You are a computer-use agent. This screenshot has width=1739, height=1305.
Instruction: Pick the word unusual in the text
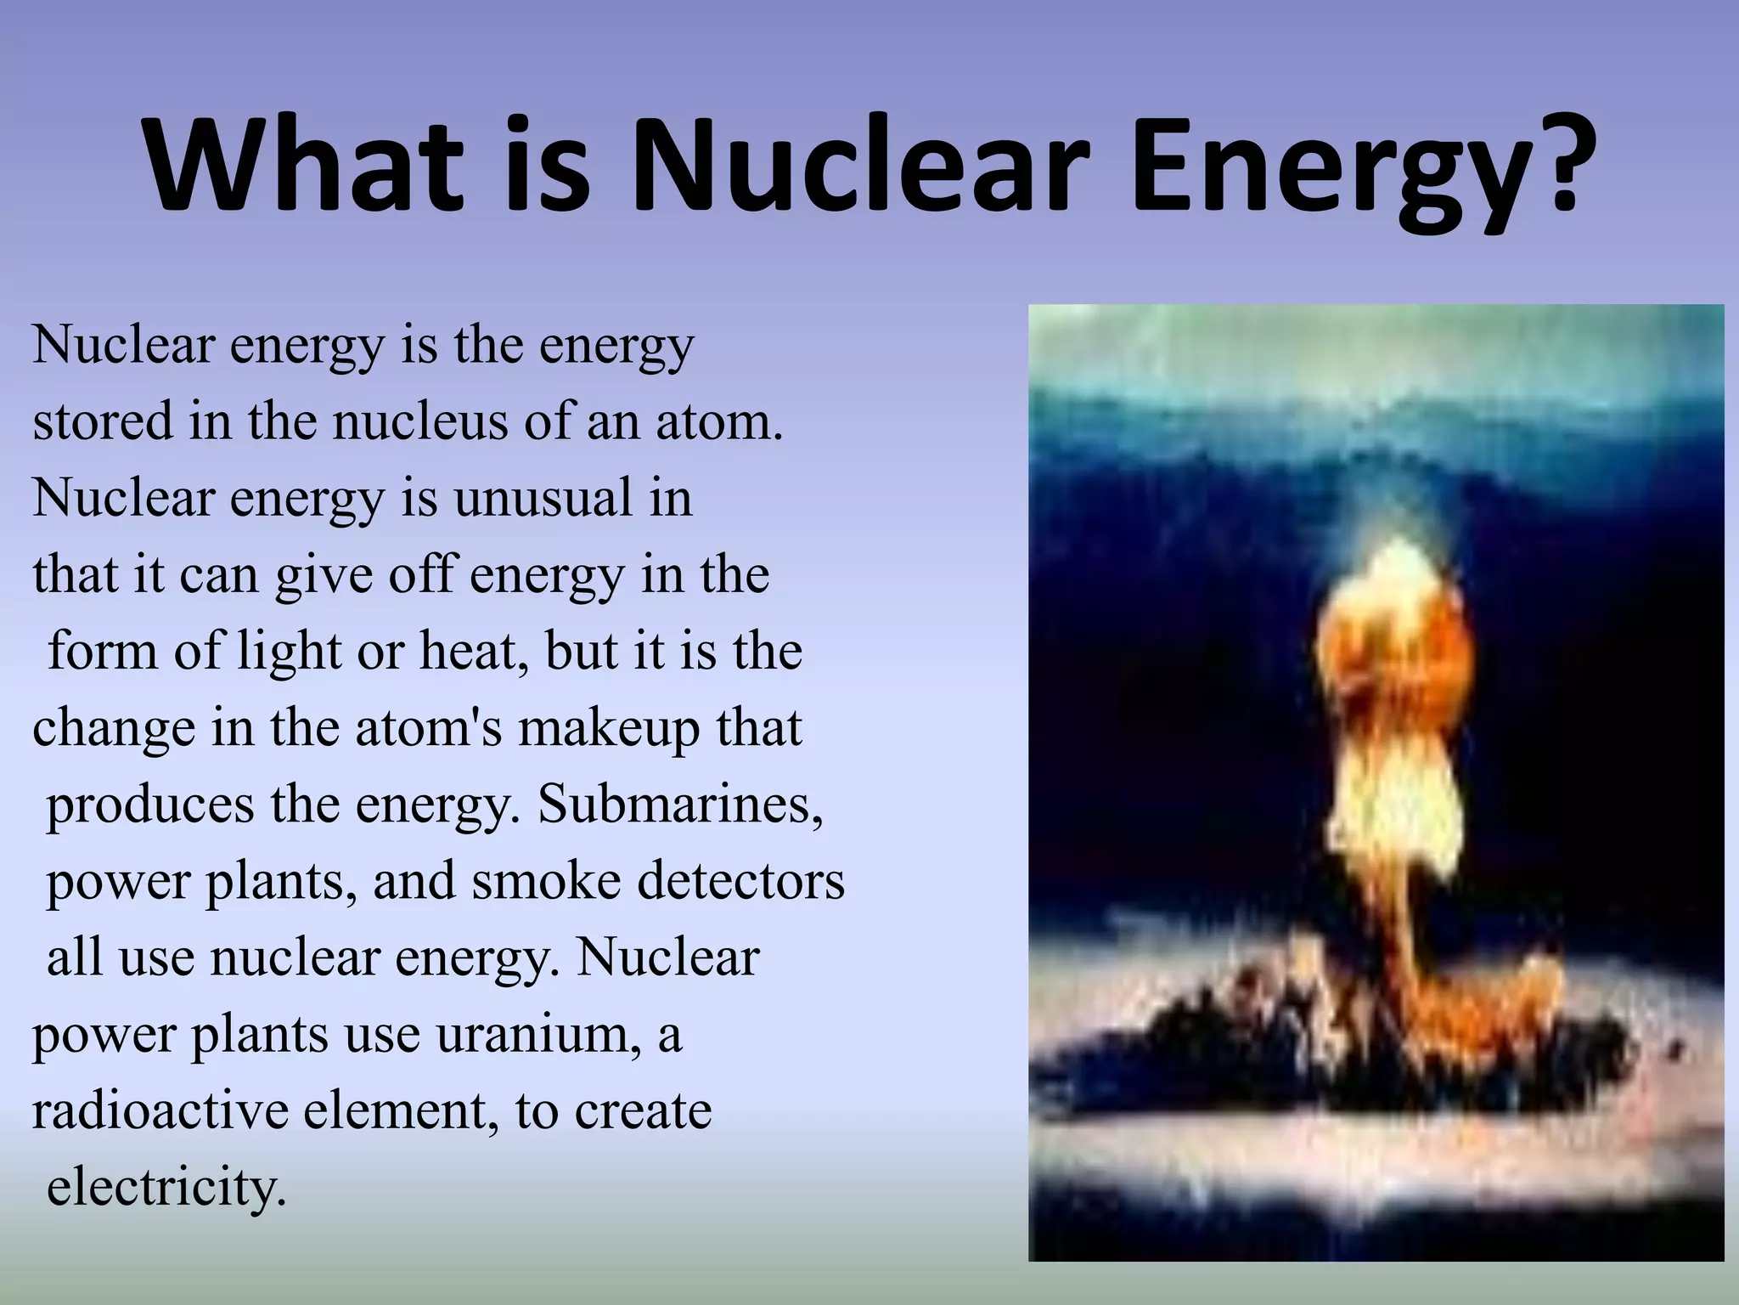coord(543,498)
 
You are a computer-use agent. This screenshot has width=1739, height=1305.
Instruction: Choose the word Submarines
coord(680,805)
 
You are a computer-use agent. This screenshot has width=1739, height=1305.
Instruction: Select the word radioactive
coord(160,1111)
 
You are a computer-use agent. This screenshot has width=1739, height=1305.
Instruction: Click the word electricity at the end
coord(166,1188)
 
